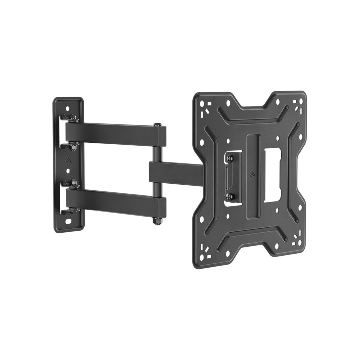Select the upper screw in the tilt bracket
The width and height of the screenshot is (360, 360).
230,158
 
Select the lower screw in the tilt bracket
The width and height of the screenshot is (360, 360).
230,195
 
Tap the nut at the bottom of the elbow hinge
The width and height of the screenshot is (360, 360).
158,220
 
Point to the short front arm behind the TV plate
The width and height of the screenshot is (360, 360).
175,173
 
